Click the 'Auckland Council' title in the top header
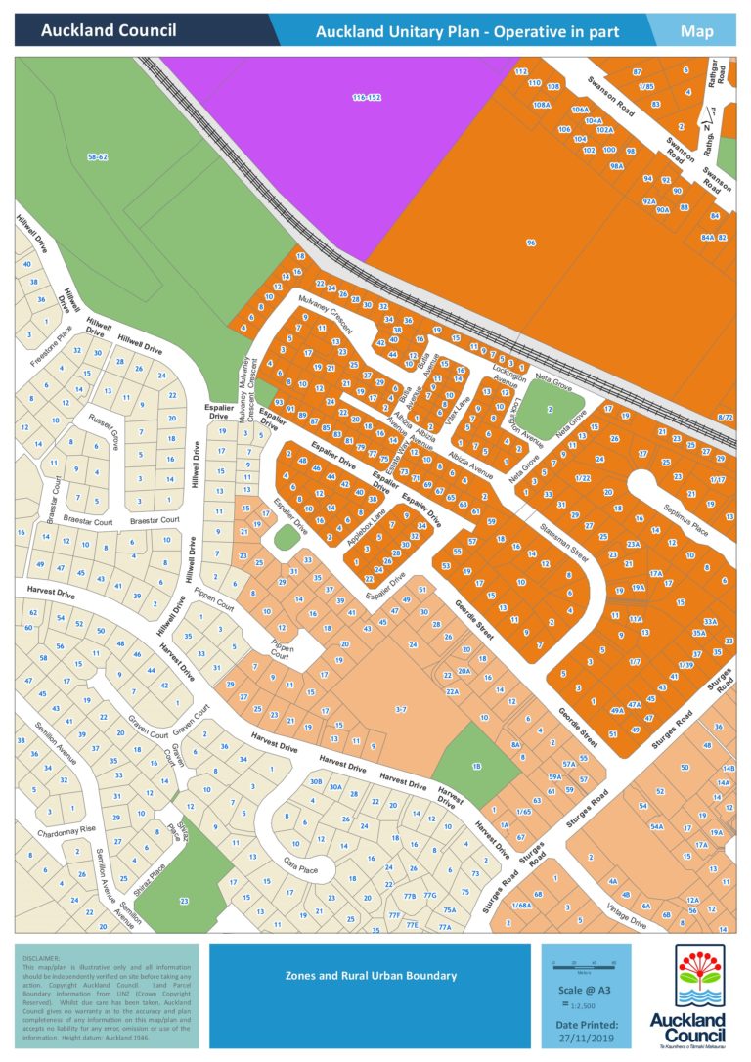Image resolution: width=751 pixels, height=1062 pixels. point(109,31)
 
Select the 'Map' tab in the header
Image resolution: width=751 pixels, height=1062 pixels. point(697,31)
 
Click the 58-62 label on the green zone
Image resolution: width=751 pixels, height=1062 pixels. point(97,156)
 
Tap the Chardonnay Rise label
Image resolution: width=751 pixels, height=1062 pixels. point(66,829)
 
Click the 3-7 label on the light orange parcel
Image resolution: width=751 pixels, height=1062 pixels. point(400,707)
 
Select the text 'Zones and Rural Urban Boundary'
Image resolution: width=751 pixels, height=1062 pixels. point(371,975)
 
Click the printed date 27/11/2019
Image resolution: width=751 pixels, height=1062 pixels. point(587,1039)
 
